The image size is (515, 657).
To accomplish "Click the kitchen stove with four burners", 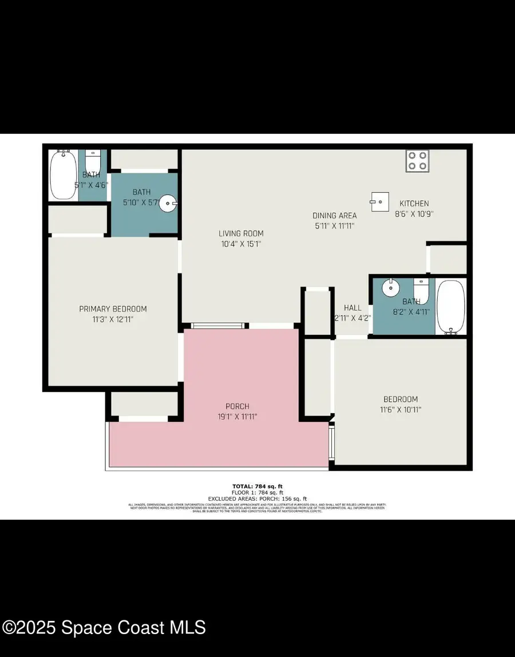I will tap(418, 161).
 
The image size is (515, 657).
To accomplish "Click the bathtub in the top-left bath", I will tap(63, 174).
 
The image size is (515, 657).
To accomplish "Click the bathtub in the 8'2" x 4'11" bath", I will tap(451, 307).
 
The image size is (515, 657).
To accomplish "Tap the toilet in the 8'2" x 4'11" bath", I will tap(421, 291).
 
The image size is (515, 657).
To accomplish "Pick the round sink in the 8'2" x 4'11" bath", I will tap(391, 288).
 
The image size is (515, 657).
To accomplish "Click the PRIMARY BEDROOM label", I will tap(113, 309).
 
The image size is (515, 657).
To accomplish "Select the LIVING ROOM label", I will tap(241, 233).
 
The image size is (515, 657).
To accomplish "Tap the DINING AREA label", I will tap(334, 216).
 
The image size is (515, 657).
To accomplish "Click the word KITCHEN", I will tap(414, 204).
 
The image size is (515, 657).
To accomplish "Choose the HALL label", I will tap(352, 308).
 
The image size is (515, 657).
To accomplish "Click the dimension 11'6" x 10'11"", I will tap(400, 410).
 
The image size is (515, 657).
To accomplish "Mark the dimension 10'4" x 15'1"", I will tap(241, 244).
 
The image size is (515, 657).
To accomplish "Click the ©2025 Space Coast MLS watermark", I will tap(104, 628).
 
